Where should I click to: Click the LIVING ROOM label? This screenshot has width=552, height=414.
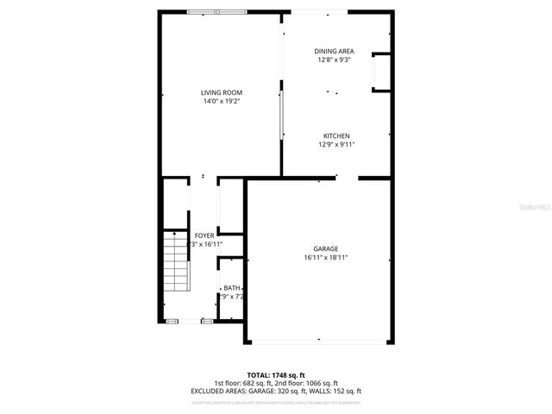click(221, 92)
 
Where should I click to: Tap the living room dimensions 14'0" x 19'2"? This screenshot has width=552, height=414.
click(221, 101)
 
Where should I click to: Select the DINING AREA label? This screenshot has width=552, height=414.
click(334, 51)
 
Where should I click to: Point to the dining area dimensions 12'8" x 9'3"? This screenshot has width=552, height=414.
click(334, 60)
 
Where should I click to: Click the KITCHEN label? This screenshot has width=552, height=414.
click(336, 136)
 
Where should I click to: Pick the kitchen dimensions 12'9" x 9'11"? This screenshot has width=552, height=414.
click(336, 145)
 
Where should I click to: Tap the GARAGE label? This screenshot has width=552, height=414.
click(325, 248)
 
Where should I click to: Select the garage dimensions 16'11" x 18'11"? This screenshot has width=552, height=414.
click(325, 257)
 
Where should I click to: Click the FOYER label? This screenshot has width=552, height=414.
click(204, 235)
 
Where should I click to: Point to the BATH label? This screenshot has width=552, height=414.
click(232, 288)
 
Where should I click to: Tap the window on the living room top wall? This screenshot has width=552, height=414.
click(216, 11)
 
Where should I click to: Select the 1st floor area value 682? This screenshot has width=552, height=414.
click(254, 383)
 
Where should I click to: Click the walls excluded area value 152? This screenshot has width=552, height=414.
click(330, 391)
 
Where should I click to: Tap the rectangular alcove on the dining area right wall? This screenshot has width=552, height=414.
click(380, 72)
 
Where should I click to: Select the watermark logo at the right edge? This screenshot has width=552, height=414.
click(536, 207)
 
